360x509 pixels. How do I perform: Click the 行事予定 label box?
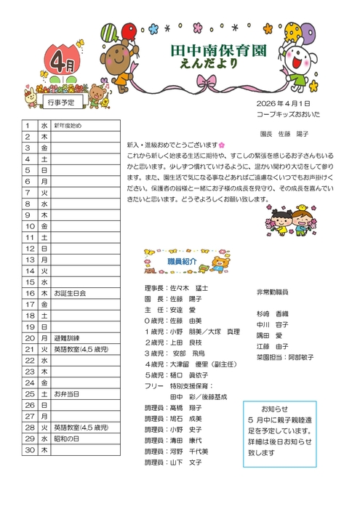(x=61, y=103)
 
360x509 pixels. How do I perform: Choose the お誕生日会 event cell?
(x=70, y=293)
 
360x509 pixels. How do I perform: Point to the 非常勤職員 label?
(x=272, y=292)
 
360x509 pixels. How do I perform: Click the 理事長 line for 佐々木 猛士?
(x=177, y=288)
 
